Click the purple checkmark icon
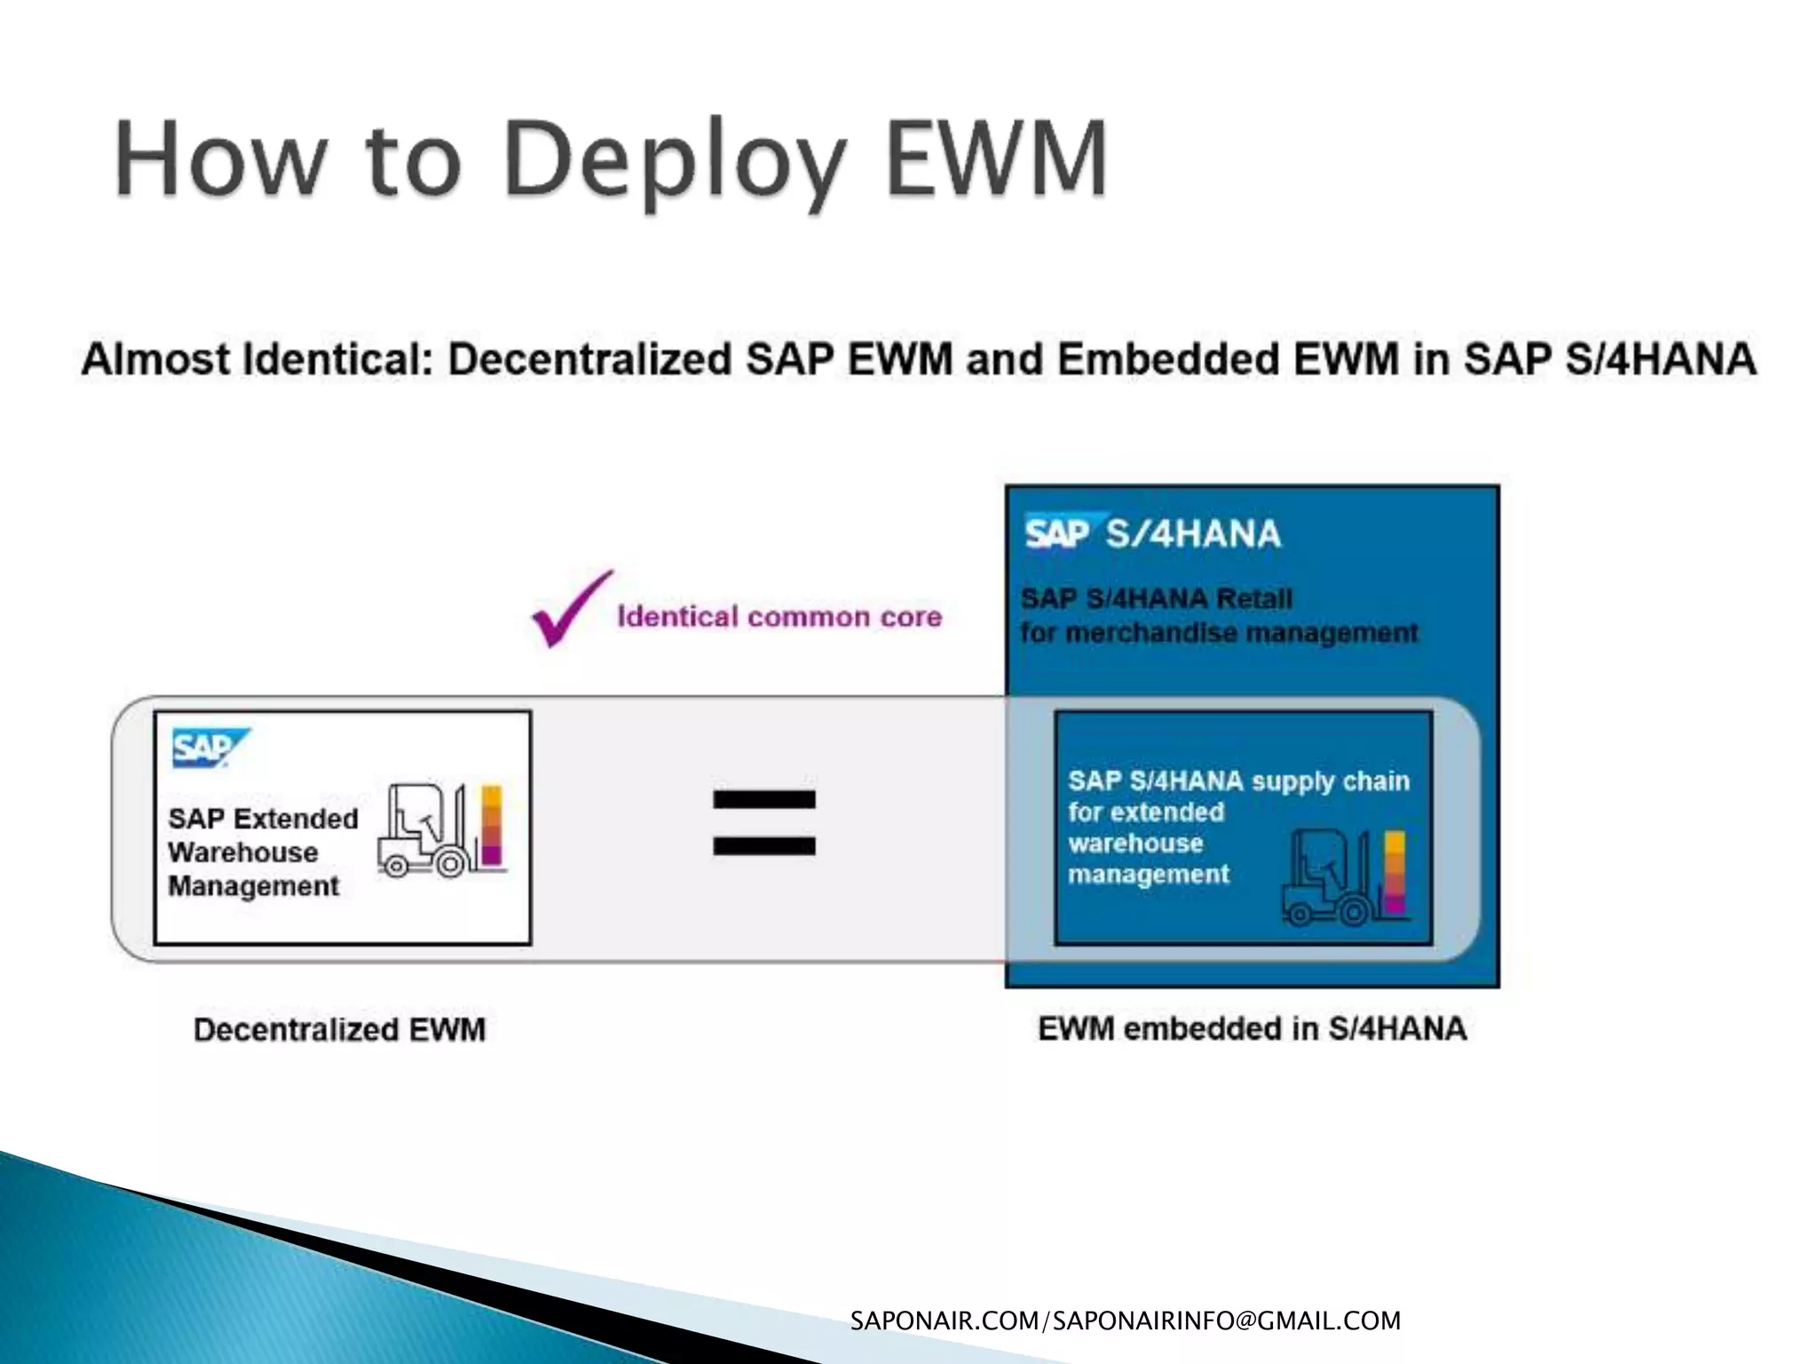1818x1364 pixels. [570, 610]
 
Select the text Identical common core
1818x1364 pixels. [779, 616]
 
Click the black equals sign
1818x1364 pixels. [763, 822]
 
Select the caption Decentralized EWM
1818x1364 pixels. [339, 1030]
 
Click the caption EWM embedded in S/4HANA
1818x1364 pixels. [1252, 1029]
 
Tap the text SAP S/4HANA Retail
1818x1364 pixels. [1156, 599]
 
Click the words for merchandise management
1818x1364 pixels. [1218, 633]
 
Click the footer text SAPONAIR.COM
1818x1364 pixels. [943, 1321]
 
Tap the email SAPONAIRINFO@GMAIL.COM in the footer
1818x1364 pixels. [1227, 1321]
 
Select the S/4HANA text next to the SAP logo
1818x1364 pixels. [1193, 534]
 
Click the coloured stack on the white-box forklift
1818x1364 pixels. [491, 826]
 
